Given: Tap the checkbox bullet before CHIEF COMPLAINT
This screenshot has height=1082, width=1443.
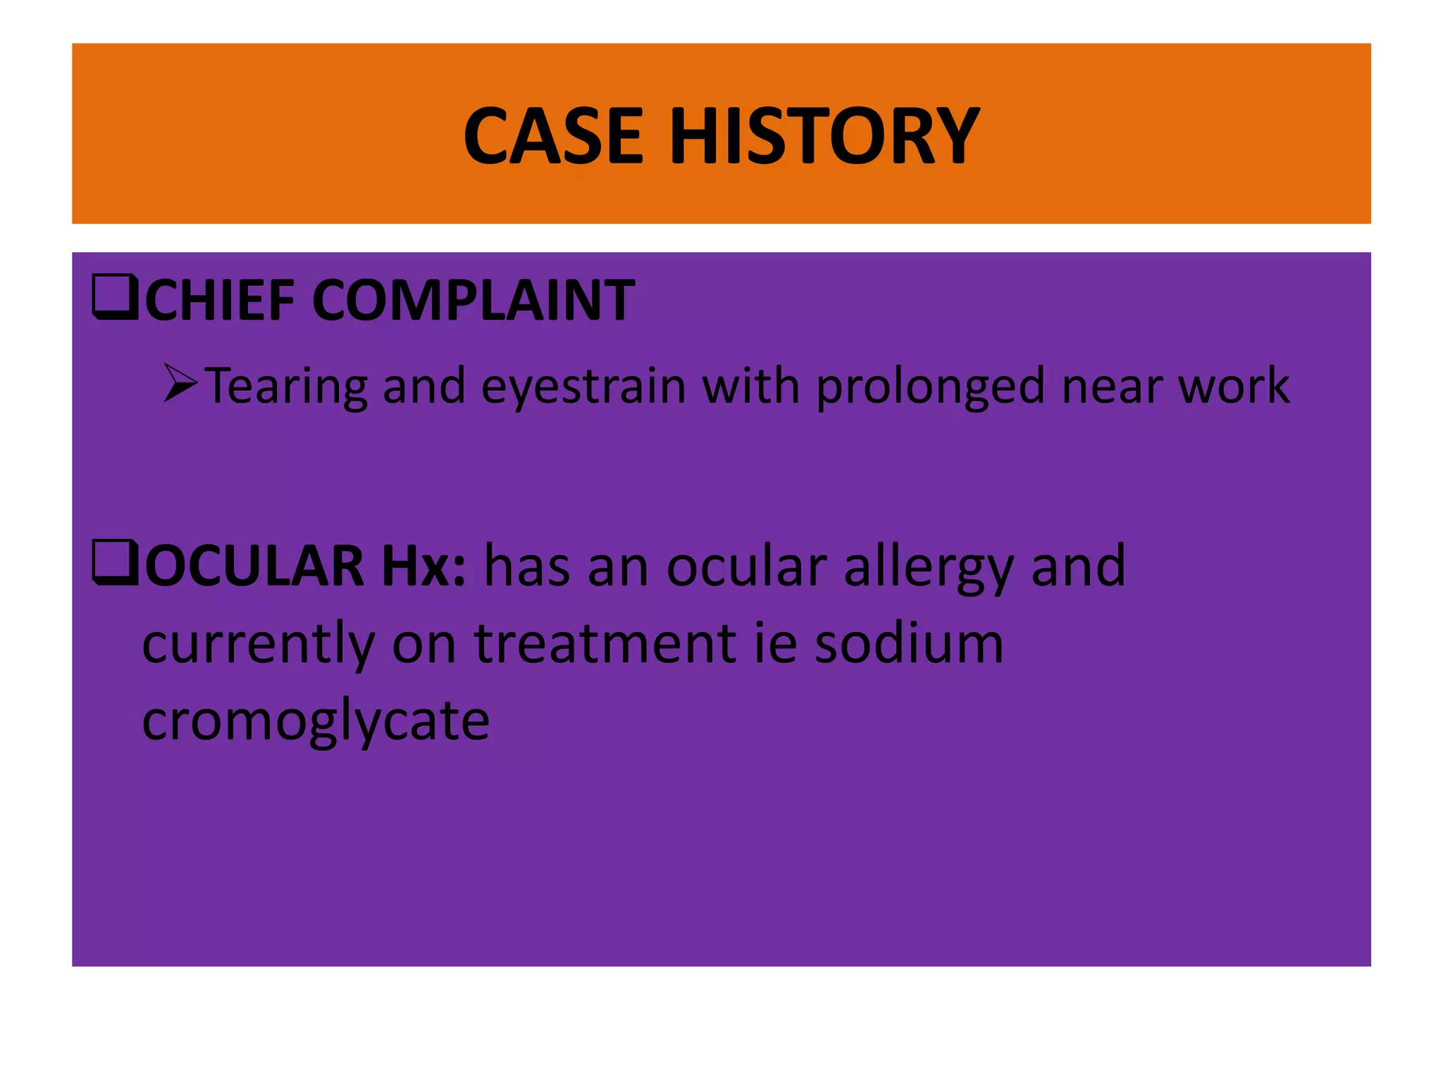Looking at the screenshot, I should click(116, 299).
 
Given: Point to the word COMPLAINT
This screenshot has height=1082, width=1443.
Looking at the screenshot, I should click(473, 300).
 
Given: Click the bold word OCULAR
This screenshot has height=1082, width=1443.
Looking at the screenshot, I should click(254, 566).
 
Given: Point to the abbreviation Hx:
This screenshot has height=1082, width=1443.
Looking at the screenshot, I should click(423, 566).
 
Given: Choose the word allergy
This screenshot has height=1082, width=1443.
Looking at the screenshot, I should click(928, 568).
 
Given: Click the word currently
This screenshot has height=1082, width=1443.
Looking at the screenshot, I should click(259, 644).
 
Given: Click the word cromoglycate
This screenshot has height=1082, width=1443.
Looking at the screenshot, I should click(316, 721).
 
